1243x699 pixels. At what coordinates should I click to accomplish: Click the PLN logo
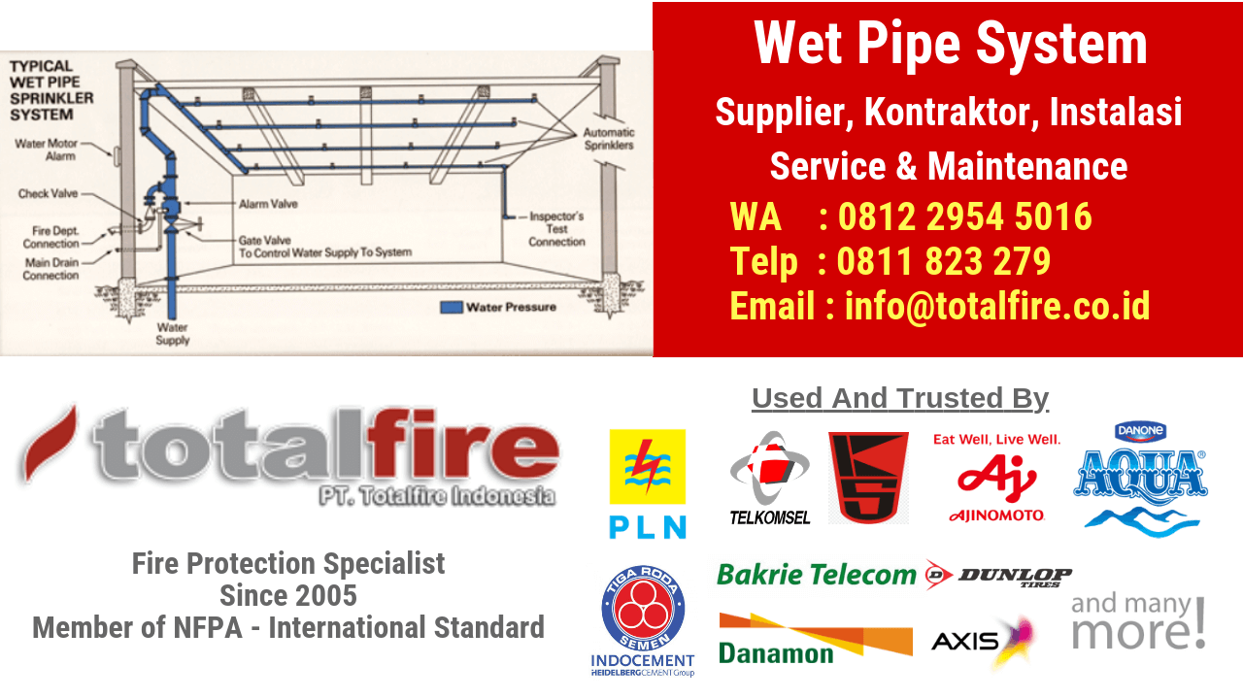[x=647, y=483]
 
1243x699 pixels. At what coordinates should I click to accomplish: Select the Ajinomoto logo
[x=996, y=478]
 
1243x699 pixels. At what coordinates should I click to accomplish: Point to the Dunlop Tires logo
[x=999, y=575]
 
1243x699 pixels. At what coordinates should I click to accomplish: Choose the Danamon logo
[x=815, y=638]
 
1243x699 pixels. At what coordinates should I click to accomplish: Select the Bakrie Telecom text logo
[x=817, y=575]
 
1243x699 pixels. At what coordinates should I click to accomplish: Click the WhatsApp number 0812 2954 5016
[x=964, y=216]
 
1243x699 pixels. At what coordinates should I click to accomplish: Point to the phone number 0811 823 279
[x=943, y=261]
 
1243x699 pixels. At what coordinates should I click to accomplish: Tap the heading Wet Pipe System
[x=951, y=44]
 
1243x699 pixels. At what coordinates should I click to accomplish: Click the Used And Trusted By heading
[x=899, y=398]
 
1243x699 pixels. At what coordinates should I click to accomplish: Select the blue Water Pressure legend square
[x=451, y=307]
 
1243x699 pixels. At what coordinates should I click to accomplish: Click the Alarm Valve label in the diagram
[x=268, y=205]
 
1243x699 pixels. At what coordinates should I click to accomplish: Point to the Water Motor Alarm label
[x=46, y=150]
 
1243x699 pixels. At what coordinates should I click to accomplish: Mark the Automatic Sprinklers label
[x=608, y=138]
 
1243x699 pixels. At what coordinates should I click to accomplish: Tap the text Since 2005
[x=287, y=594]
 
